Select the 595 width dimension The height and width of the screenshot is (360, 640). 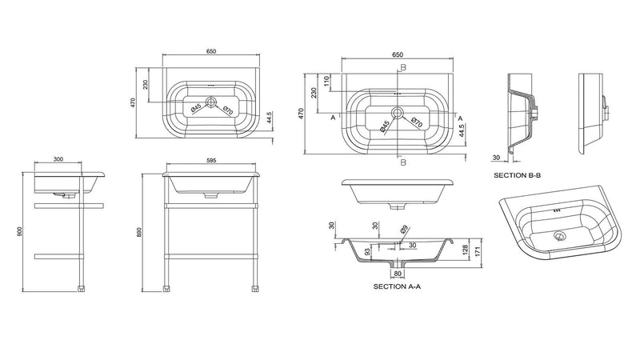point(210,160)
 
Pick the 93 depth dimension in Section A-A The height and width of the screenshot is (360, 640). point(367,252)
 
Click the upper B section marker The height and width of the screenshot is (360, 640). point(403,67)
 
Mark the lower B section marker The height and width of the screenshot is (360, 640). point(403,162)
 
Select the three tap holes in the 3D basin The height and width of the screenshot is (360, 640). point(557,211)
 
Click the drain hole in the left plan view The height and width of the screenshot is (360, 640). point(211,101)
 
